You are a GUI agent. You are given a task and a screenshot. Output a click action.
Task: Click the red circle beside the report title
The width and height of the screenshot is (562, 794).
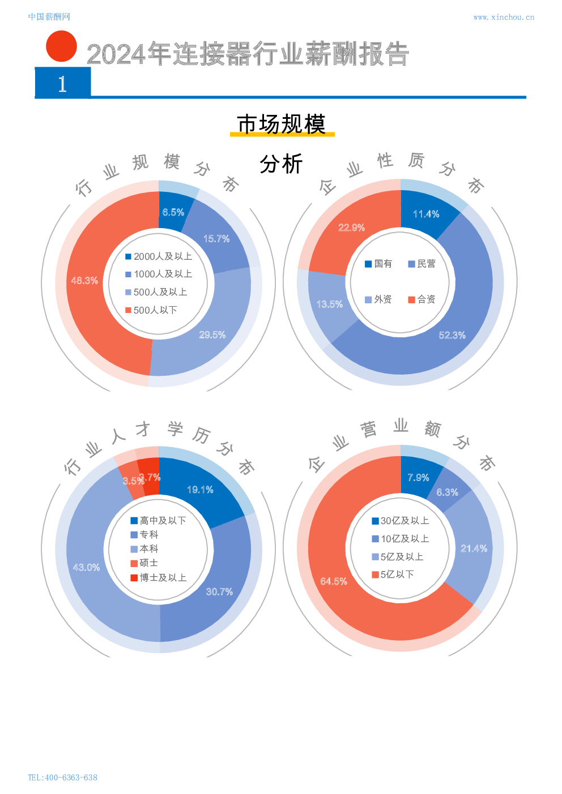61,46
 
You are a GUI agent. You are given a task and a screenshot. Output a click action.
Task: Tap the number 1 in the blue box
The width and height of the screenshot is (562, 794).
62,84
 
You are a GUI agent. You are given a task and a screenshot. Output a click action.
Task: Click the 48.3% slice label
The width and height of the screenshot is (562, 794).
84,281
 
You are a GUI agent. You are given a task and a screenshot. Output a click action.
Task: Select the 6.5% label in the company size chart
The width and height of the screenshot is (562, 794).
173,212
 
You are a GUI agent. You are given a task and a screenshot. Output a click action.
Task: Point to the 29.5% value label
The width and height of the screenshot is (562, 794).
212,335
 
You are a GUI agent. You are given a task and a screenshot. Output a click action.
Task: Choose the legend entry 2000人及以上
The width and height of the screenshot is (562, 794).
159,256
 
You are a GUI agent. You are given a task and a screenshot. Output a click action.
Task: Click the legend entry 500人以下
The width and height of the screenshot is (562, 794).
151,310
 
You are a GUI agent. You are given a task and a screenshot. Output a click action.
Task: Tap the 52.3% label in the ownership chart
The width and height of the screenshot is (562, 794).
452,336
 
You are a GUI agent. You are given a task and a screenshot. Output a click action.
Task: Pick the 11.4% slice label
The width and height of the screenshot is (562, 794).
426,214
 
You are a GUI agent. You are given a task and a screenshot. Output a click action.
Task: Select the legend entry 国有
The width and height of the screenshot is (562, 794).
378,264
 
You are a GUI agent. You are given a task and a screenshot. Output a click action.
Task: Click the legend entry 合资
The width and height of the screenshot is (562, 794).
421,299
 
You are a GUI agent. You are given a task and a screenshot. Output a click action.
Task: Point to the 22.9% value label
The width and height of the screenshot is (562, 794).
351,228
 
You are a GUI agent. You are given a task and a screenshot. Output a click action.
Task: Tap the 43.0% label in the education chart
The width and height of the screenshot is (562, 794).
86,568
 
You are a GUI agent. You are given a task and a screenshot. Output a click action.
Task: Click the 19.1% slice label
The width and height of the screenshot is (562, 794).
200,490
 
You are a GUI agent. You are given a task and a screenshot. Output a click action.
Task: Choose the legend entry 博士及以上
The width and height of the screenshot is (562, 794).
158,578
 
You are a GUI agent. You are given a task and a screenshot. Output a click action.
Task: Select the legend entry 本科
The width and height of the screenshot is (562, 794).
144,549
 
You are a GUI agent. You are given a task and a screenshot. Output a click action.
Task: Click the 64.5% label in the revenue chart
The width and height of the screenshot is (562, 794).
334,582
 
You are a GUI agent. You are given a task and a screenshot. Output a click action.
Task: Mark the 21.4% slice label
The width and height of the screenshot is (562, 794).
474,548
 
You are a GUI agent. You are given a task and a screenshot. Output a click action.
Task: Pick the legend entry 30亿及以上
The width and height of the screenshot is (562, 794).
400,521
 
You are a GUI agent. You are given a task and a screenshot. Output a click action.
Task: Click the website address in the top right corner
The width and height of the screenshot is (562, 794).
503,18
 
